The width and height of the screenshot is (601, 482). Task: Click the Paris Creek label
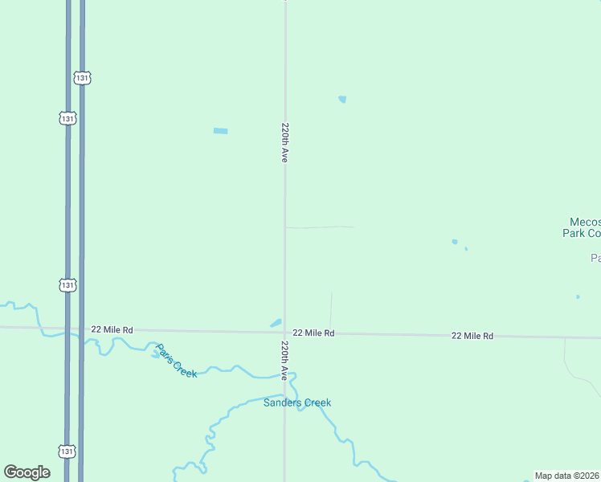point(176,361)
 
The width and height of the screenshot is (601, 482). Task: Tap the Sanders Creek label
point(297,402)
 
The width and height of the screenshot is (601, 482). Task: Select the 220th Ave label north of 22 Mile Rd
point(284,143)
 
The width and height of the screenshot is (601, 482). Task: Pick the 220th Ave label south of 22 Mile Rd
point(284,360)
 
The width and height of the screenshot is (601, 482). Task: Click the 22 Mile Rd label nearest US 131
point(112,329)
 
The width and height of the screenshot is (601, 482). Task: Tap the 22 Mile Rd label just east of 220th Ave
point(313,333)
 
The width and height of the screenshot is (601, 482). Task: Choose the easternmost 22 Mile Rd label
point(472,336)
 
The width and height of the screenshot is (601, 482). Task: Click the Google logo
point(27,472)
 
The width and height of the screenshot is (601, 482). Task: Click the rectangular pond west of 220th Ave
point(220,131)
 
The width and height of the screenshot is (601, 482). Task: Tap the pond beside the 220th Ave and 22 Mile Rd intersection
point(276,323)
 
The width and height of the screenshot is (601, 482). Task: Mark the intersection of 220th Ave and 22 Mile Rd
point(284,332)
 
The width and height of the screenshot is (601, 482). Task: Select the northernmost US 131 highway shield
point(81,78)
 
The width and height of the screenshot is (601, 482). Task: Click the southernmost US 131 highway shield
point(67,451)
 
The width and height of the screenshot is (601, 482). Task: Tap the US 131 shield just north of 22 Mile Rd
point(67,284)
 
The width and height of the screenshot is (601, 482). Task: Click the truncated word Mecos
point(584,222)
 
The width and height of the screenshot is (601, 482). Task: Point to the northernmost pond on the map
point(342,100)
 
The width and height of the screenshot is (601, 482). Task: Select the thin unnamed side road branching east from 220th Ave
point(319,227)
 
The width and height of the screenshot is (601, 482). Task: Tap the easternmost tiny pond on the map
point(578,297)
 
